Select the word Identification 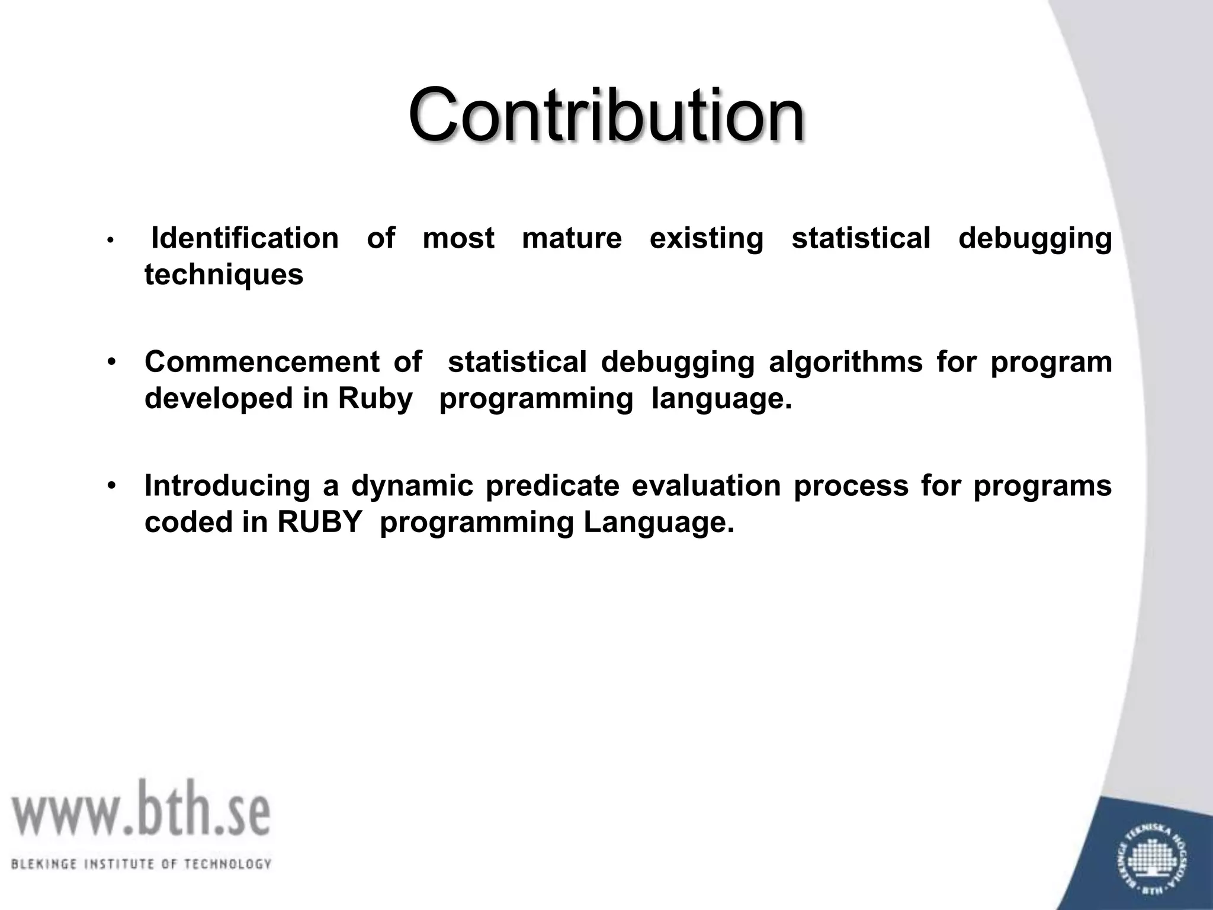click(x=245, y=238)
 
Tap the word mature click(x=572, y=238)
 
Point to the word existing click(x=706, y=238)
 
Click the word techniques click(x=224, y=275)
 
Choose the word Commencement click(x=262, y=362)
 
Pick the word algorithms click(x=845, y=362)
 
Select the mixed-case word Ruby click(x=376, y=399)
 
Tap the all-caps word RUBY click(x=319, y=523)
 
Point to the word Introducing click(x=227, y=486)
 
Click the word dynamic click(x=412, y=486)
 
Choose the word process click(x=851, y=486)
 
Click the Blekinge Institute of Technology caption click(x=141, y=864)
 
